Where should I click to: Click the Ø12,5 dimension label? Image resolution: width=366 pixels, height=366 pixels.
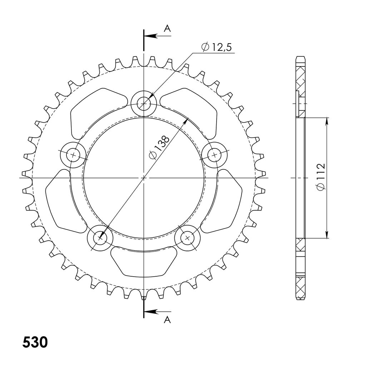[216, 48]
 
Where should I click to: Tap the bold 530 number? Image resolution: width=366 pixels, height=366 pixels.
[35, 342]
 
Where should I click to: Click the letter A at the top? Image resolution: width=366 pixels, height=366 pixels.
[167, 29]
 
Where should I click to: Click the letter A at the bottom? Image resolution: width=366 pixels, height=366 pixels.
[167, 320]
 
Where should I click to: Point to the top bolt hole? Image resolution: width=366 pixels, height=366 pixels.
[144, 103]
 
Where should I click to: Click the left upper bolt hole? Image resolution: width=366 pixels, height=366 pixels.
[73, 155]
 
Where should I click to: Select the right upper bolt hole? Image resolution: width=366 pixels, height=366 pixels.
[214, 155]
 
